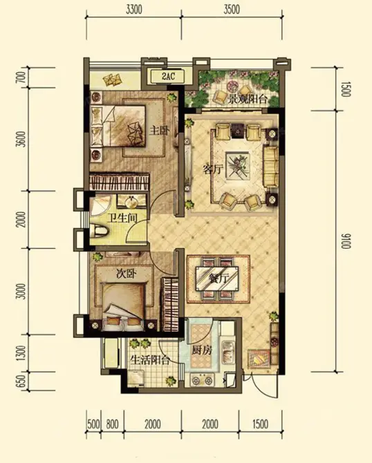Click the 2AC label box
pos(167,77)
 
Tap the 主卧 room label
pos(159,130)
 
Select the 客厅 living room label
pos(213,169)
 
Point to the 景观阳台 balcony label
pos(248,100)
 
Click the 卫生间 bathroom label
pos(122,219)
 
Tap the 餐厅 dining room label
pos(218,278)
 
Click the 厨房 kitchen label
pos(202,350)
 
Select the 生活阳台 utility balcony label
pos(150,360)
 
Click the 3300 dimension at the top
pos(134,10)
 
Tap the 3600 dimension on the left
pos(22,139)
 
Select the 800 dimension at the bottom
pos(112,424)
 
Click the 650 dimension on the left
pos(22,381)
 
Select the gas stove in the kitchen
pos(203,380)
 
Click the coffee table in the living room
pos(238,165)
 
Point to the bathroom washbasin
pos(132,202)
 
